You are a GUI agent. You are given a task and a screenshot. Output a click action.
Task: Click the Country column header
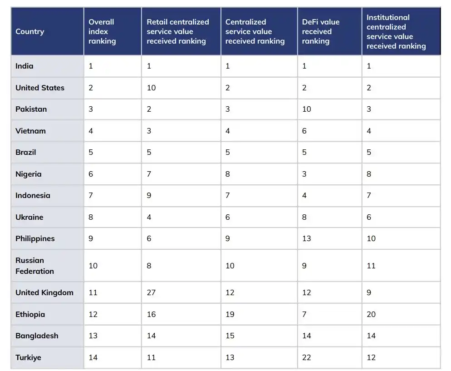pos(29,31)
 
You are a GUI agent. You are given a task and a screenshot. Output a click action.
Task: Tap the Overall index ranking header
pos(102,31)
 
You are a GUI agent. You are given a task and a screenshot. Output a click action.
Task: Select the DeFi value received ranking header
pos(320,31)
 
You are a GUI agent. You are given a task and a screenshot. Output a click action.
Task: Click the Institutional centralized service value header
pos(396,31)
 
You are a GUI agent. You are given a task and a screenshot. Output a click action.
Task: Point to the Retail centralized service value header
pos(178,31)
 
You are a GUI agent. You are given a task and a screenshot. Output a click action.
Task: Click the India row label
pos(25,66)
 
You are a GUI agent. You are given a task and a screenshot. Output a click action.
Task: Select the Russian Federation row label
pos(34,266)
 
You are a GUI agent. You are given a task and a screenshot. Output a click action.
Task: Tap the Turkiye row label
pos(28,357)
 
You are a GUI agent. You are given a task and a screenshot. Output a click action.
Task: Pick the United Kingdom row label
pos(44,292)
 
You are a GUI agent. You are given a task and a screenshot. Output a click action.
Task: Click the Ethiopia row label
pos(30,314)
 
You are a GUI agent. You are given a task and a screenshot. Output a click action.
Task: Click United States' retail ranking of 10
pos(151,88)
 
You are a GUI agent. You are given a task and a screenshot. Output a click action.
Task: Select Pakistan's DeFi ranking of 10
pos(307,109)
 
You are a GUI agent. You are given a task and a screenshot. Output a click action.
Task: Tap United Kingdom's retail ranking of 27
pos(151,292)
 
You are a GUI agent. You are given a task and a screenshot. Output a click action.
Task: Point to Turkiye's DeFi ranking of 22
pos(307,357)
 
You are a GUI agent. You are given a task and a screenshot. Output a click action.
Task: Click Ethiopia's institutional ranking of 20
pos(371,314)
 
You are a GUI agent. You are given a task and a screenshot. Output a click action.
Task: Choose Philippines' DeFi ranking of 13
pos(307,238)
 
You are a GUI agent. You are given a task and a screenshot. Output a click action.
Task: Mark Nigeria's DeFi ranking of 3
pos(304,174)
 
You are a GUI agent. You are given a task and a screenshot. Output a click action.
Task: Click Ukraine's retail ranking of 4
pos(149,217)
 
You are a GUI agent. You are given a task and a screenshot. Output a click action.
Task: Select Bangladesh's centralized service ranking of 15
pos(230,336)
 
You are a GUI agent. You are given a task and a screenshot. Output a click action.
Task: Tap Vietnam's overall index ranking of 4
pos(91,131)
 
